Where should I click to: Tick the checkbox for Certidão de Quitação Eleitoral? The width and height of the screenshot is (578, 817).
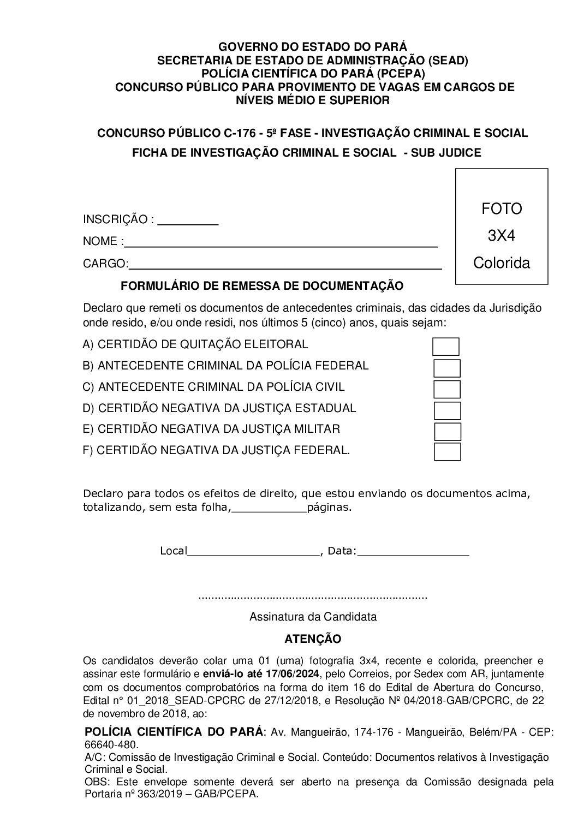[x=445, y=347]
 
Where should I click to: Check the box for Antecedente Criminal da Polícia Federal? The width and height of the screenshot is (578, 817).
[x=447, y=368]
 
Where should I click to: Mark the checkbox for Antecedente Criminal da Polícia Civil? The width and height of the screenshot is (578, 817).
[x=447, y=389]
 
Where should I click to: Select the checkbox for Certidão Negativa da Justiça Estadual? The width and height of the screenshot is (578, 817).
[x=447, y=410]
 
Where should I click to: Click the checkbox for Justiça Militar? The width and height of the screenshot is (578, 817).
[x=448, y=431]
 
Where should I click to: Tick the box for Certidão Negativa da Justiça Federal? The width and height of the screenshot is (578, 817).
[x=448, y=452]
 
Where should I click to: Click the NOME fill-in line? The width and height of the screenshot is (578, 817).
[x=281, y=243]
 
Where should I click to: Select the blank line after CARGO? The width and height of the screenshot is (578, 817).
[x=285, y=265]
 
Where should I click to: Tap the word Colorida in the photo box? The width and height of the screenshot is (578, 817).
[x=501, y=263]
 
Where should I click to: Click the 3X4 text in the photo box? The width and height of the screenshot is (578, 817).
[x=501, y=236]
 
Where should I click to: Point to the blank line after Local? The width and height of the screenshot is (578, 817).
[x=253, y=552]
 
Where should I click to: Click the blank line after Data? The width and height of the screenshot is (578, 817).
[x=413, y=552]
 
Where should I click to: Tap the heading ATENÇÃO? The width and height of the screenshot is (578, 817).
[x=313, y=639]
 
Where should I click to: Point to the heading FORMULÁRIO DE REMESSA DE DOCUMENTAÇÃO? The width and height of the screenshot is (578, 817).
[x=261, y=285]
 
